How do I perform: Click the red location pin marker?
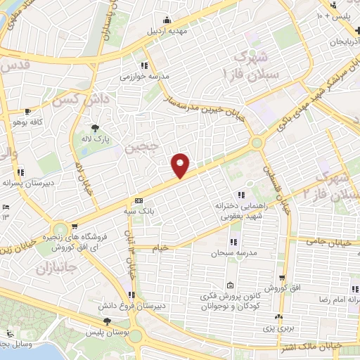point(181,165)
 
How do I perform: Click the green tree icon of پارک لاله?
point(94,128)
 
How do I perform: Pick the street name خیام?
point(161,247)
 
